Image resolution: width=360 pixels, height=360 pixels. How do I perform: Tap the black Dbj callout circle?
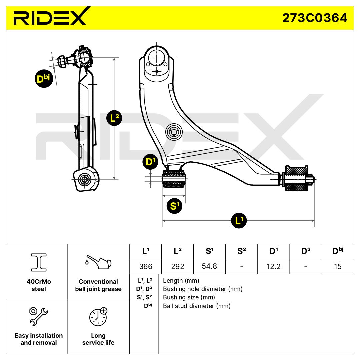click(44, 79)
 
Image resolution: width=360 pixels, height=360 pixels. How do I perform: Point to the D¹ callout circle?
click(151, 162)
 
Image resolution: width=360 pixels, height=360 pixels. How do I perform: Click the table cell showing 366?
click(145, 267)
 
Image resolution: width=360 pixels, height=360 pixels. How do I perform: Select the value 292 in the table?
click(177, 267)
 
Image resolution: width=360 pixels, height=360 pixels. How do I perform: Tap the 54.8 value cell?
click(209, 267)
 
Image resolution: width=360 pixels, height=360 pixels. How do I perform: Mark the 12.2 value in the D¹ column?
click(273, 267)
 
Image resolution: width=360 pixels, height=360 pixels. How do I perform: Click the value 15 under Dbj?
click(337, 267)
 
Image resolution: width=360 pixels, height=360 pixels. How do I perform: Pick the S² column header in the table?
click(241, 251)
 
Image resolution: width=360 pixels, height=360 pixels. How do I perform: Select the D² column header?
click(306, 251)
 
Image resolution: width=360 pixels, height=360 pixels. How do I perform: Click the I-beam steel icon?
click(38, 262)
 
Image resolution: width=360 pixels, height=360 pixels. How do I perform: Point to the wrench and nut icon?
click(38, 316)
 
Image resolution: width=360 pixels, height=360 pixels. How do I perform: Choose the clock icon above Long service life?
click(98, 316)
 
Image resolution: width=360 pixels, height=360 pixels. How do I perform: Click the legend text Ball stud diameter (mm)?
click(197, 306)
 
